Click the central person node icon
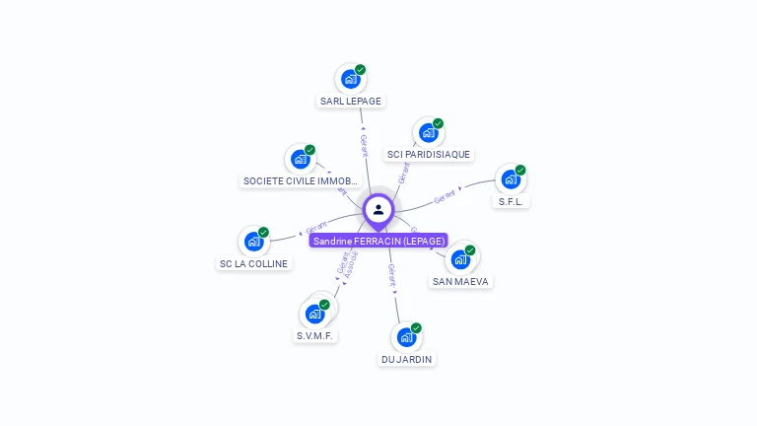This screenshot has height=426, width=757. pyautogui.click(x=378, y=209)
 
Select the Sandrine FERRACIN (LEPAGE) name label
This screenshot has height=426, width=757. pyautogui.click(x=379, y=241)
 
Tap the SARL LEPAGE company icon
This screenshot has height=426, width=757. pyautogui.click(x=350, y=79)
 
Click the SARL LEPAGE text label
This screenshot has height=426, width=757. pyautogui.click(x=350, y=101)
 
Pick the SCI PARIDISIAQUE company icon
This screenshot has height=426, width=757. pyautogui.click(x=428, y=132)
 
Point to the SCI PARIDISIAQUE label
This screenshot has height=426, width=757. pyautogui.click(x=429, y=154)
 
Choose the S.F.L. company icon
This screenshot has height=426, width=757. pyautogui.click(x=510, y=179)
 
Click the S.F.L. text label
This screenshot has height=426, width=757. pyautogui.click(x=511, y=201)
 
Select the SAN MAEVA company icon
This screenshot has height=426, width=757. pyautogui.click(x=459, y=259)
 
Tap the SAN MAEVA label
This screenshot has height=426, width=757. pyautogui.click(x=460, y=281)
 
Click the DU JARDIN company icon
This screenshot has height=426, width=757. pyautogui.click(x=406, y=337)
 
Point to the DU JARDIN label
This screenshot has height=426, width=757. pyautogui.click(x=407, y=359)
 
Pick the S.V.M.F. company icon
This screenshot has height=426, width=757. pyautogui.click(x=315, y=314)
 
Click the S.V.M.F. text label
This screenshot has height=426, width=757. pyautogui.click(x=315, y=335)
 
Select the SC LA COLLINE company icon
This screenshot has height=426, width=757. pyautogui.click(x=253, y=242)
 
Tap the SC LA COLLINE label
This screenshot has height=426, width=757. pyautogui.click(x=253, y=263)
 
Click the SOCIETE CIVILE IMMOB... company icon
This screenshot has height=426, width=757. pyautogui.click(x=300, y=159)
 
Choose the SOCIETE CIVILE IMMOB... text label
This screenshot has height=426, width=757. pyautogui.click(x=301, y=180)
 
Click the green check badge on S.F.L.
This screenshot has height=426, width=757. pyautogui.click(x=520, y=170)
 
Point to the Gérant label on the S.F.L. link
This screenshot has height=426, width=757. pyautogui.click(x=446, y=196)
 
